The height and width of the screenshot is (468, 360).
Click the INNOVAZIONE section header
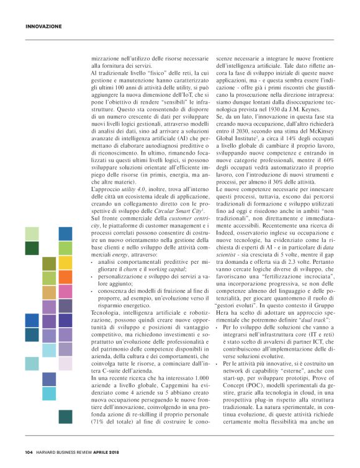point(43,26)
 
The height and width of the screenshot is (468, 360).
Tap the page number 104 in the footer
point(29,451)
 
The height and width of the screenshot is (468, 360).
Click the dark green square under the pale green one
point(32,248)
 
